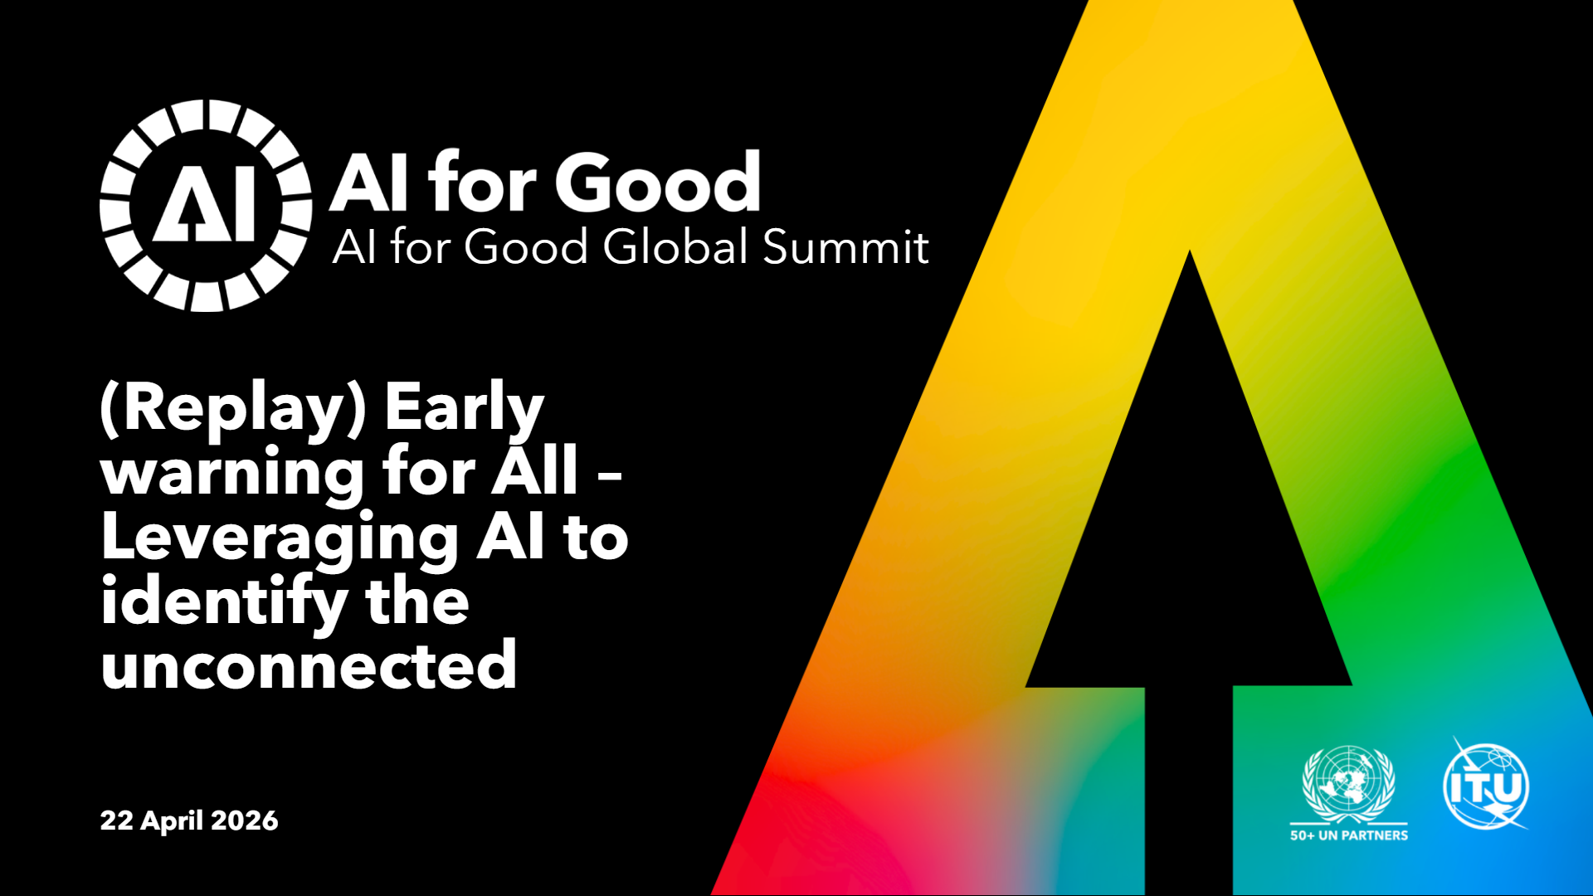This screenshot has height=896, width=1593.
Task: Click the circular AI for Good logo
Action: click(x=206, y=206)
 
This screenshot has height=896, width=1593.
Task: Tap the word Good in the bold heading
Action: click(x=658, y=182)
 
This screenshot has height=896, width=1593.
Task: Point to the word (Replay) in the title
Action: click(x=233, y=409)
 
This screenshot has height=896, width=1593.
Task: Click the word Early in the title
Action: click(x=464, y=409)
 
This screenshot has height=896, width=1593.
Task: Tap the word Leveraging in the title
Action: click(x=280, y=540)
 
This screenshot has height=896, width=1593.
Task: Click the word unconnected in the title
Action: click(x=309, y=665)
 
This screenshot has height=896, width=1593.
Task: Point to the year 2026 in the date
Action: click(x=245, y=821)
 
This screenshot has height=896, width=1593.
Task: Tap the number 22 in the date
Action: click(x=117, y=821)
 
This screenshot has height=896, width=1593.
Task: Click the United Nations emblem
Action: click(x=1349, y=784)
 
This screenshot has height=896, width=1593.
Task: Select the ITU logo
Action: click(x=1487, y=785)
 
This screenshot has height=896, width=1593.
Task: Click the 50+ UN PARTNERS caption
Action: click(x=1349, y=835)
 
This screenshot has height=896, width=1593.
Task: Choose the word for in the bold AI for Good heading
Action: click(x=482, y=182)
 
